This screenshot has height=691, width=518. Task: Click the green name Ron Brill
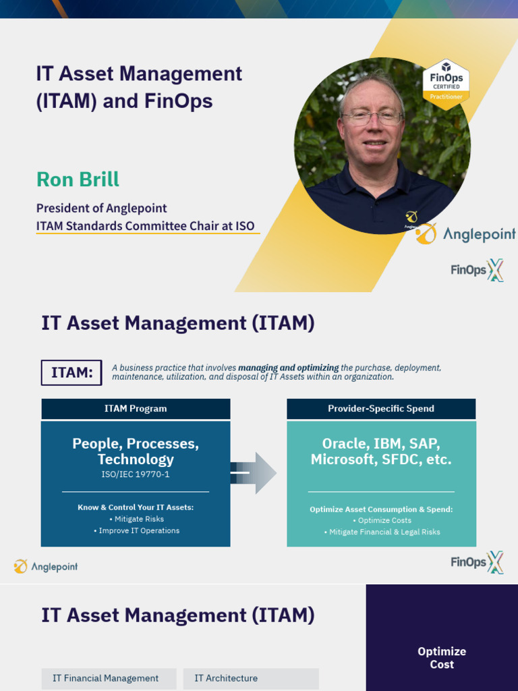pyautogui.click(x=78, y=179)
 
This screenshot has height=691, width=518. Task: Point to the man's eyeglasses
pyautogui.click(x=372, y=117)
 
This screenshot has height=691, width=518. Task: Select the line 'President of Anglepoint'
pyautogui.click(x=101, y=208)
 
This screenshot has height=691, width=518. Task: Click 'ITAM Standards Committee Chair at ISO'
pyautogui.click(x=146, y=226)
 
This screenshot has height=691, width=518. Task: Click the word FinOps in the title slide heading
pyautogui.click(x=178, y=101)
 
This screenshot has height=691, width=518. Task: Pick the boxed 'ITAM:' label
pyautogui.click(x=71, y=372)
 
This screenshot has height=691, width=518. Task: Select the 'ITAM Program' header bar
pyautogui.click(x=136, y=408)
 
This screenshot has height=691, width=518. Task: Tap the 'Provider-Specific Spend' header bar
pyautogui.click(x=381, y=408)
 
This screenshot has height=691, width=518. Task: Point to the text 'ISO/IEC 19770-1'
pyautogui.click(x=136, y=474)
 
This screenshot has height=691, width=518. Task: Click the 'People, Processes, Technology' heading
pyautogui.click(x=136, y=451)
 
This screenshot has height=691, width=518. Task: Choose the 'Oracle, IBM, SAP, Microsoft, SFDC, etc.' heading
pyautogui.click(x=381, y=451)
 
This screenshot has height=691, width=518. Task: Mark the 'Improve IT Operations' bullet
pyautogui.click(x=136, y=530)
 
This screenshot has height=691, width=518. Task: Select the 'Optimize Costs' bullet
pyautogui.click(x=382, y=520)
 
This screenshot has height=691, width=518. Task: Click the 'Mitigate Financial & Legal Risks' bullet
pyautogui.click(x=382, y=532)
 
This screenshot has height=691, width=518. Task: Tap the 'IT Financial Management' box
pyautogui.click(x=106, y=678)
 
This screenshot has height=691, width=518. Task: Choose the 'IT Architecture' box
pyautogui.click(x=226, y=678)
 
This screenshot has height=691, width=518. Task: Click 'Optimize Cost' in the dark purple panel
pyautogui.click(x=442, y=658)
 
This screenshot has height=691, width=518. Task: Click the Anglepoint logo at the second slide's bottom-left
pyautogui.click(x=46, y=566)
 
